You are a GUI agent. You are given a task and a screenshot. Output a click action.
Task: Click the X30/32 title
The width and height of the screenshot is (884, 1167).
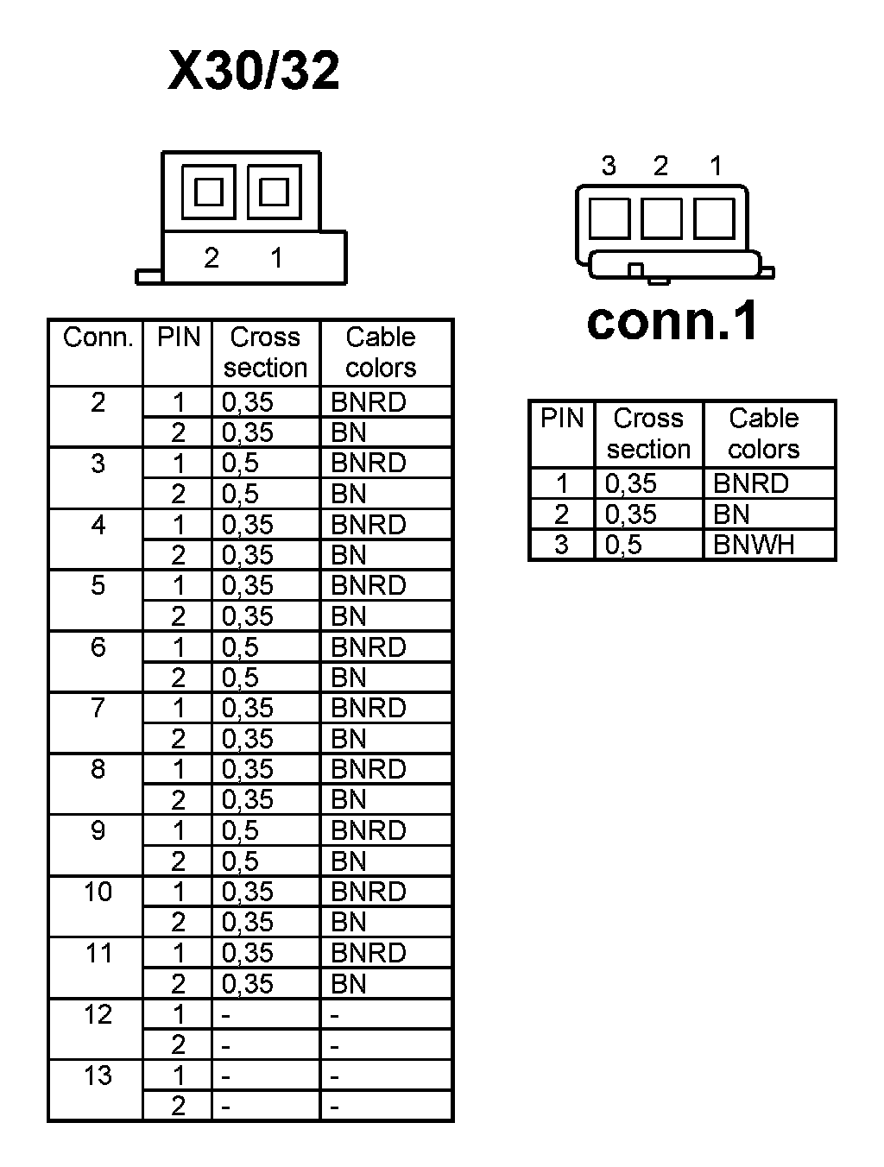coord(254,71)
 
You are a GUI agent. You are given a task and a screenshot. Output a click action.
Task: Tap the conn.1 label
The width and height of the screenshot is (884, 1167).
coord(672,321)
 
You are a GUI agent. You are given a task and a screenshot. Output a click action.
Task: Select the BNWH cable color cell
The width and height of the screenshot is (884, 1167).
coord(754,545)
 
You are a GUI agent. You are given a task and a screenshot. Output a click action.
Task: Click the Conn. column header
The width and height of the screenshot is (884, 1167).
coord(98,337)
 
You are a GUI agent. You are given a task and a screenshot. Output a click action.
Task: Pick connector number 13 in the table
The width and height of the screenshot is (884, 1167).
coord(98,1076)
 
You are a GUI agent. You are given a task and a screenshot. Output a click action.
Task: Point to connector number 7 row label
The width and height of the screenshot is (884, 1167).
coord(98,708)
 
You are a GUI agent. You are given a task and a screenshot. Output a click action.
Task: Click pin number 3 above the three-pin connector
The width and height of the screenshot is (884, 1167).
coord(609,166)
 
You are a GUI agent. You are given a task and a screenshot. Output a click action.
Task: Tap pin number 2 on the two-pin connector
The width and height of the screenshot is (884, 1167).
coord(212,257)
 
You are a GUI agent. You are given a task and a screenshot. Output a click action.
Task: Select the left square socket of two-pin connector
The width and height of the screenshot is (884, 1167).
coord(209,192)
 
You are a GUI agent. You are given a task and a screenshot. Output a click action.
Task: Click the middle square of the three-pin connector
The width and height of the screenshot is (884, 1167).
coord(661,218)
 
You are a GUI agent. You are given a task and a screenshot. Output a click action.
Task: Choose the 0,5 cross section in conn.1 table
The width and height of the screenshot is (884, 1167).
coord(623,545)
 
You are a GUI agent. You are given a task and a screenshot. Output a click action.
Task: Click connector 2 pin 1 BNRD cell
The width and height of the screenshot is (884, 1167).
coord(369,402)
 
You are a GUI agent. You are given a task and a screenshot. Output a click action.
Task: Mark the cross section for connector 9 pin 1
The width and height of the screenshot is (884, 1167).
coord(240,830)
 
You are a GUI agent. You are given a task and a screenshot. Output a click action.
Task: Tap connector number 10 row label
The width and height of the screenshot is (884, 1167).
coord(98,892)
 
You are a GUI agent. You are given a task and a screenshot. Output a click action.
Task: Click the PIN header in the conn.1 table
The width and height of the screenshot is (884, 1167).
coord(562,419)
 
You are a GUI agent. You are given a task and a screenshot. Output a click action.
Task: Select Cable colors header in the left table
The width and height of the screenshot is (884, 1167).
coord(381,352)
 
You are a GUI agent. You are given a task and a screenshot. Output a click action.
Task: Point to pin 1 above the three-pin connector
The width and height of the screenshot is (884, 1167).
coord(716,166)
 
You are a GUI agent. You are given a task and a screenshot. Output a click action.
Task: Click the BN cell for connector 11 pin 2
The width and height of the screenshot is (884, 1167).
coord(349,984)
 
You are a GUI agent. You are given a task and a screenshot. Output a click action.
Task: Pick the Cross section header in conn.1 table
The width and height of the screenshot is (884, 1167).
coord(648,433)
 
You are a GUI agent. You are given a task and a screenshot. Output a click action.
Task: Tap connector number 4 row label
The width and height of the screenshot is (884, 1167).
coord(98,524)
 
